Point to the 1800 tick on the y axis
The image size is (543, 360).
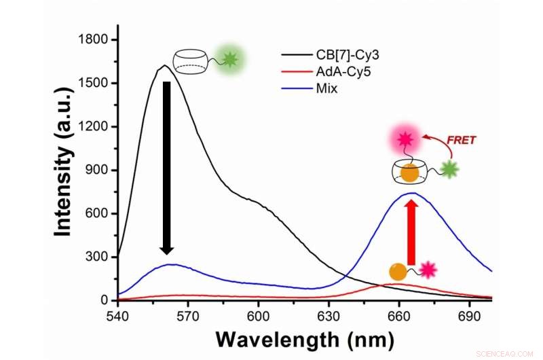(94, 40)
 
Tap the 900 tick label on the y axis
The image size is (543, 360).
(97, 170)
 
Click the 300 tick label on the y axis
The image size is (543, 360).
(97, 257)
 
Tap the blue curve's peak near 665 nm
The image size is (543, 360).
(411, 193)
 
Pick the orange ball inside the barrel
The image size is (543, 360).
(409, 173)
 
